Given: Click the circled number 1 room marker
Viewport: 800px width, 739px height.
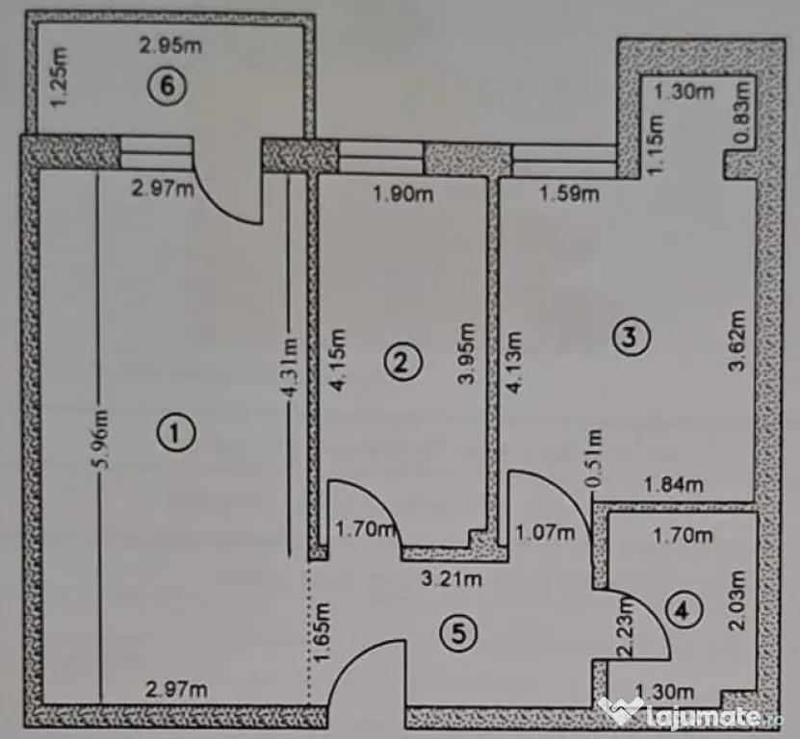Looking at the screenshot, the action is (x=175, y=433).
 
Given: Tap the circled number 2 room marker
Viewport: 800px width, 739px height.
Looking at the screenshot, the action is (x=402, y=362).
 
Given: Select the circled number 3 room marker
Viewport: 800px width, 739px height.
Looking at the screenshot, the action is (x=632, y=337).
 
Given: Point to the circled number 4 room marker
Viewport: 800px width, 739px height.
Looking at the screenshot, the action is (x=684, y=609).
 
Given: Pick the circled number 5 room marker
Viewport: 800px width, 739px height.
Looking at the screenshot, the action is (x=458, y=633).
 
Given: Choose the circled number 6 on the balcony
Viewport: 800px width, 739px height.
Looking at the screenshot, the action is (x=168, y=87).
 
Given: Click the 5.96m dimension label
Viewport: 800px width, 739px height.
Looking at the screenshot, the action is (x=100, y=439).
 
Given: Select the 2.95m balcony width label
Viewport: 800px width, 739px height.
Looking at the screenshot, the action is (x=171, y=46).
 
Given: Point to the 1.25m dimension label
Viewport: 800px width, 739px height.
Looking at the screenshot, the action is (x=59, y=77).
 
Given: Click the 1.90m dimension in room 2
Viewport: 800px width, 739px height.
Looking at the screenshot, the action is (x=403, y=194).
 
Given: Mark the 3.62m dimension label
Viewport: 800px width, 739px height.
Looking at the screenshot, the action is (x=736, y=341).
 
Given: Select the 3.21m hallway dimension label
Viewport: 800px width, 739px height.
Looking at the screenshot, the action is (x=451, y=579).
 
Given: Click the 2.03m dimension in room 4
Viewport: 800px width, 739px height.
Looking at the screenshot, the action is (x=737, y=600).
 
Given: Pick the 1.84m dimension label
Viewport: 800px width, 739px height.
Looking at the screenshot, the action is (x=674, y=485).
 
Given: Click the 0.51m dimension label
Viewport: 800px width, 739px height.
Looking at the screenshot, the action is (x=594, y=457).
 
